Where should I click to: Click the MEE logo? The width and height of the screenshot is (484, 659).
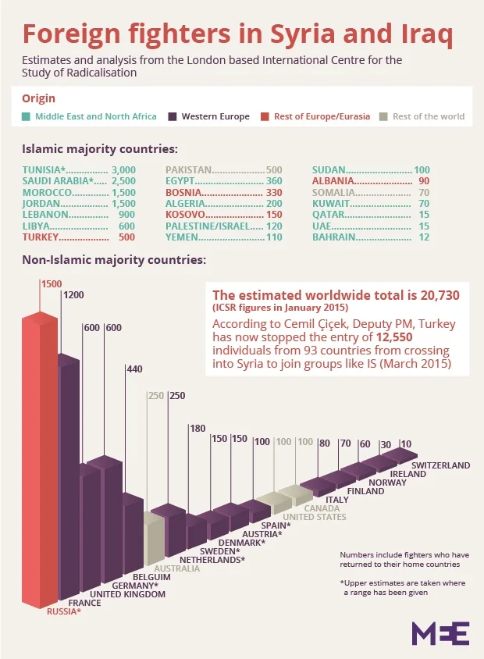[x=440, y=632]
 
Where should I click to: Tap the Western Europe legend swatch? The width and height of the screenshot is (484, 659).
[x=173, y=117]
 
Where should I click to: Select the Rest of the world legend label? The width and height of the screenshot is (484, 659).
[x=429, y=117]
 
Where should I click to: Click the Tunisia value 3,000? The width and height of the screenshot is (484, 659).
[x=123, y=169]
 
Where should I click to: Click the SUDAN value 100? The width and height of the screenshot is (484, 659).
[x=422, y=169]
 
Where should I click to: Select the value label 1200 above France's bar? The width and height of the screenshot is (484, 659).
[x=73, y=295]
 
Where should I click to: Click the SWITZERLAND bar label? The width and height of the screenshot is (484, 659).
[x=440, y=465]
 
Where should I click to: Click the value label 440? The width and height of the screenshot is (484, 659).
[x=134, y=369]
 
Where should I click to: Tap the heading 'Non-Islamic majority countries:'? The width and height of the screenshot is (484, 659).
[x=114, y=258]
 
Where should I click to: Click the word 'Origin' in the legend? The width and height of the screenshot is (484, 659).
[x=38, y=98]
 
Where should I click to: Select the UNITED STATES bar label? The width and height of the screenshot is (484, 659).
[x=314, y=517]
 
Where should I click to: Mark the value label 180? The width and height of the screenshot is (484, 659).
[x=197, y=428]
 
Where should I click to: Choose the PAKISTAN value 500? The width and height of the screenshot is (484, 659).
[x=273, y=169]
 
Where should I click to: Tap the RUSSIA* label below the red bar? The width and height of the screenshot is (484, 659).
[x=64, y=611]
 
